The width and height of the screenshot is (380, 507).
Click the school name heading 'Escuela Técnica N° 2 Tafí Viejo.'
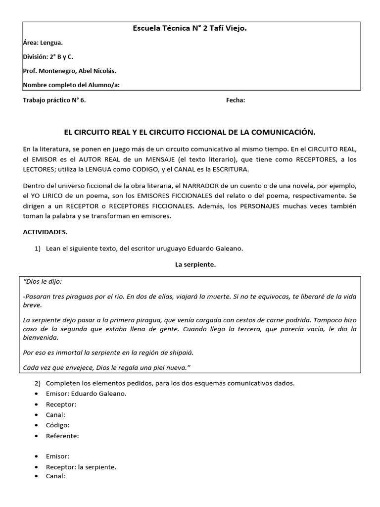(x=190, y=29)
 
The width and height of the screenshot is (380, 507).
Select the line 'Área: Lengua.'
(x=43, y=43)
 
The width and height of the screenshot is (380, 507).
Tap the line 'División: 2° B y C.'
(x=48, y=57)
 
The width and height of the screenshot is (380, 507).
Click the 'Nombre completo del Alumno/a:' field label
(x=71, y=85)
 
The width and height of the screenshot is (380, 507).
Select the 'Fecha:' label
(x=236, y=100)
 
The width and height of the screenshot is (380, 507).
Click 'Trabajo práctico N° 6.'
(x=54, y=100)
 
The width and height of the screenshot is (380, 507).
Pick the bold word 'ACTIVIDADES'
(x=45, y=232)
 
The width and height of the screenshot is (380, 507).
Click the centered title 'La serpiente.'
(x=195, y=265)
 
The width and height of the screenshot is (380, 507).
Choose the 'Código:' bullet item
(x=57, y=425)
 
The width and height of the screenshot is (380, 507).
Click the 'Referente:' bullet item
(x=62, y=436)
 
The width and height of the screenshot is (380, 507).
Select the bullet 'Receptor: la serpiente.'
(x=81, y=467)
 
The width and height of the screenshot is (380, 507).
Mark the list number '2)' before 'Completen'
(x=38, y=383)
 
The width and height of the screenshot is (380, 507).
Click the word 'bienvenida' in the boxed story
(x=41, y=338)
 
